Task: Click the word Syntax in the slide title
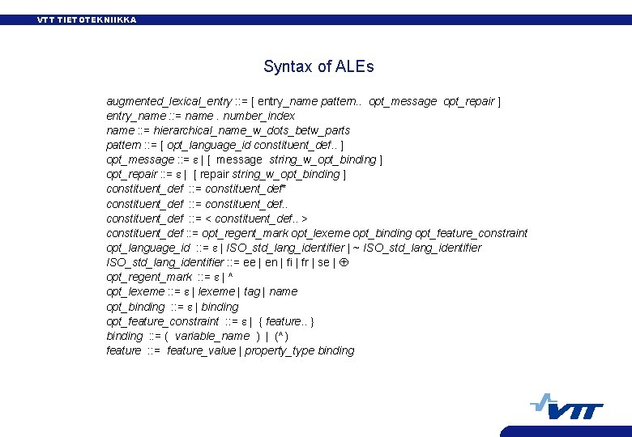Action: coord(286,67)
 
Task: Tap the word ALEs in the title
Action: coord(354,66)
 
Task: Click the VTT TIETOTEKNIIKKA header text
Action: coord(87,19)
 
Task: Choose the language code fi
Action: coord(288,262)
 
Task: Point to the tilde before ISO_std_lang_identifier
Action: coord(357,248)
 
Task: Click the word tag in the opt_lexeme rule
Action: coord(251,291)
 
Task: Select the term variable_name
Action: coord(212,336)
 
